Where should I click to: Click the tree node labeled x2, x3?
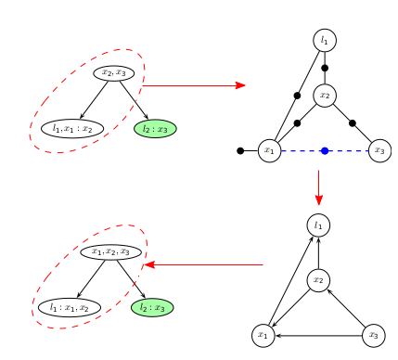click(x=113, y=72)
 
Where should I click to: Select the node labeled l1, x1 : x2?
click(x=72, y=128)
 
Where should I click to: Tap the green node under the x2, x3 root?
click(x=155, y=128)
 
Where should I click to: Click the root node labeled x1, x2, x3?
click(x=111, y=251)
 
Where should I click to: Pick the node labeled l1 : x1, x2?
click(x=70, y=307)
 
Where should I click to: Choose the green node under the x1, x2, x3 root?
click(x=152, y=307)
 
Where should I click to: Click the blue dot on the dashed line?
click(x=325, y=150)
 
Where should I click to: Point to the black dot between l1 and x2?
click(x=325, y=67)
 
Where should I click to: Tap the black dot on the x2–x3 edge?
click(x=353, y=122)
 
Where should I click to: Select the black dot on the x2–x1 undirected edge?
click(x=297, y=122)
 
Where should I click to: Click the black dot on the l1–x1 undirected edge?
click(x=297, y=96)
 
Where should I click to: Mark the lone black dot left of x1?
click(x=240, y=150)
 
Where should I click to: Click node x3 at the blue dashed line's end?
click(x=379, y=150)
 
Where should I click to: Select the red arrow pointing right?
click(x=195, y=85)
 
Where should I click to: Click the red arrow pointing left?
click(x=204, y=266)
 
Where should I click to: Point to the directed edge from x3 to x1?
click(x=318, y=335)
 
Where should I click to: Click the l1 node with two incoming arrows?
click(x=318, y=225)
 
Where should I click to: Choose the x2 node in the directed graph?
click(x=318, y=279)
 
